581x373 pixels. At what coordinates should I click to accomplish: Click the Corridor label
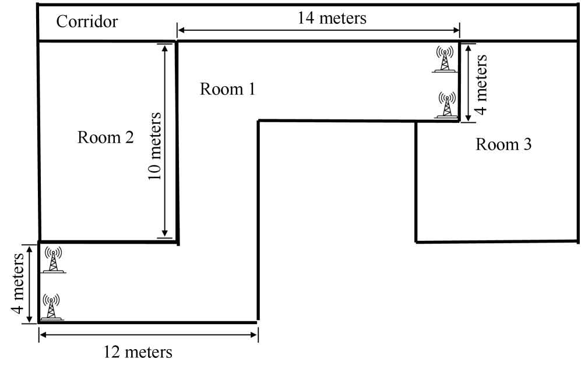pyautogui.click(x=87, y=22)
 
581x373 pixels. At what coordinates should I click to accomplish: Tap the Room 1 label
pyautogui.click(x=227, y=89)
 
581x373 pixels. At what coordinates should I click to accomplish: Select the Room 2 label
pyautogui.click(x=105, y=137)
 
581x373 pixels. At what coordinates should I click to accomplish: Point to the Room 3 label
pyautogui.click(x=503, y=144)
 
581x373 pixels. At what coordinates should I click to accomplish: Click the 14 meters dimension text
pyautogui.click(x=332, y=18)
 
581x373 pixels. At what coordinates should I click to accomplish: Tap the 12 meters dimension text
pyautogui.click(x=138, y=353)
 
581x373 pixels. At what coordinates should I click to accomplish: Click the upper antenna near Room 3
pyautogui.click(x=445, y=59)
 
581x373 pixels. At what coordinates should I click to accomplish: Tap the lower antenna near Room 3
pyautogui.click(x=446, y=105)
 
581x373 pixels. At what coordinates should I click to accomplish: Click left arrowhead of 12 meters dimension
pyautogui.click(x=43, y=334)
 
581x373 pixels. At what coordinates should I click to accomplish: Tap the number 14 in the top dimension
pyautogui.click(x=306, y=18)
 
